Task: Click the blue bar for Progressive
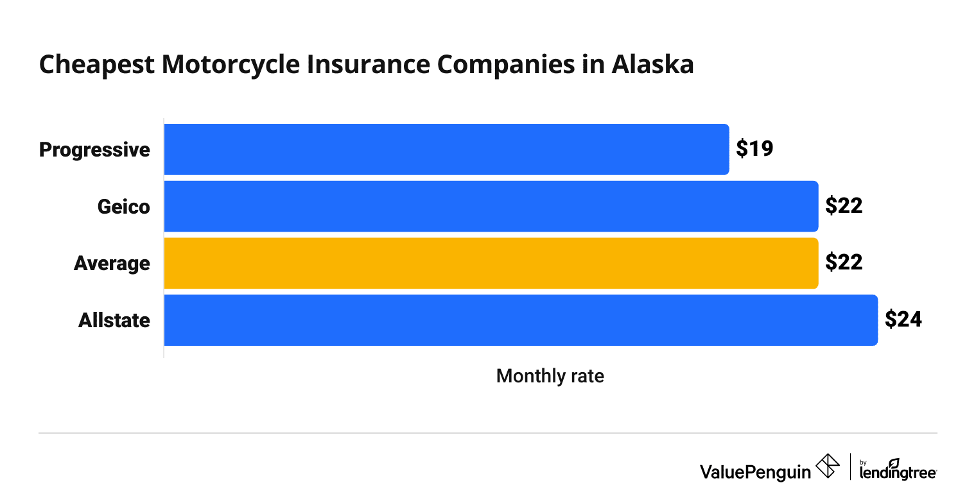446,149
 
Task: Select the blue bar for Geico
491,206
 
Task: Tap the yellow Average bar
491,263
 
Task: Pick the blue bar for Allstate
521,320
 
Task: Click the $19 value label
754,149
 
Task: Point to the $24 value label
903,320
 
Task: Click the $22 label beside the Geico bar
844,206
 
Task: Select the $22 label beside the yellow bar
844,263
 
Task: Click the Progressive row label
94,149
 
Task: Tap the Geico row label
123,207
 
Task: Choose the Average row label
112,264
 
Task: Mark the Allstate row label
114,320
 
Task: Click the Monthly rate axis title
550,376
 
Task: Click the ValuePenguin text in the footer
755,472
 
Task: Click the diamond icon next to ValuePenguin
827,466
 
